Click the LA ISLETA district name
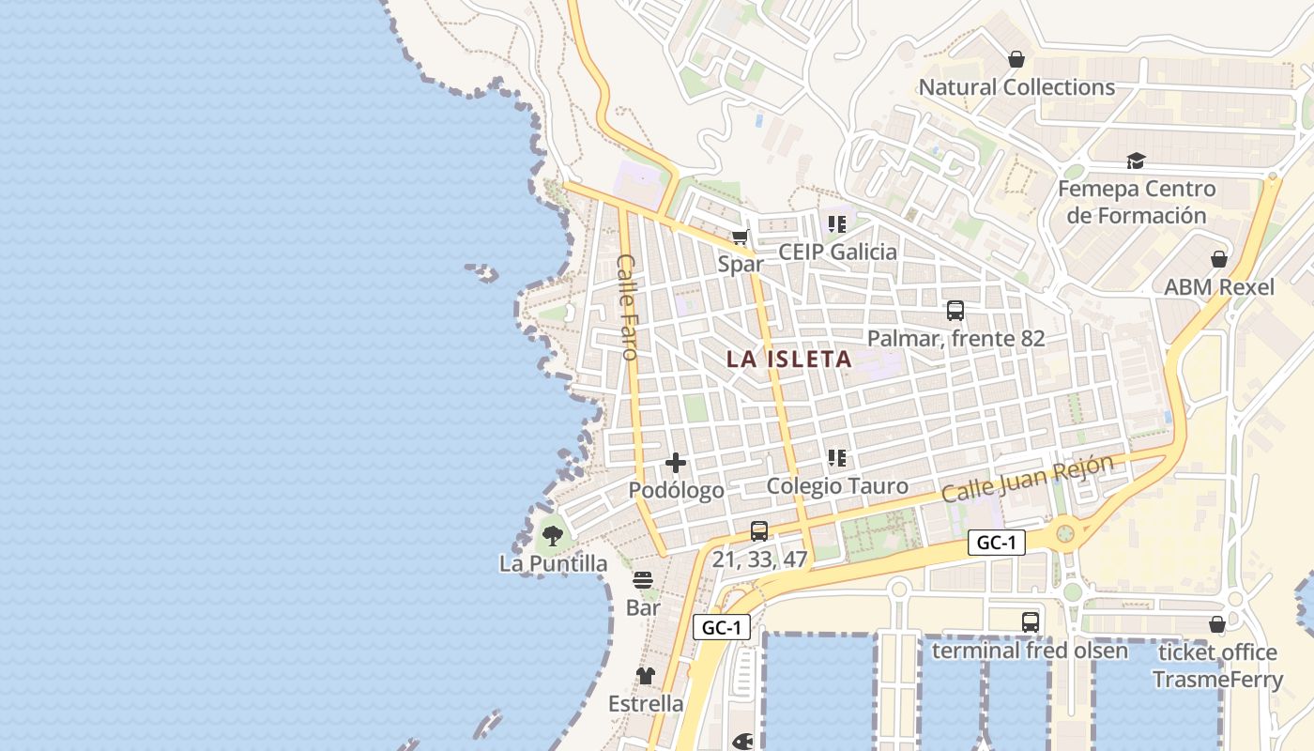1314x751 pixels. pos(788,359)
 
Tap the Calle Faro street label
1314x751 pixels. pos(627,307)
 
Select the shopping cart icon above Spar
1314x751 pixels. pos(740,236)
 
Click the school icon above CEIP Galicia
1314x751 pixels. pos(837,223)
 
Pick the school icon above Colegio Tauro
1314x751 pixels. pos(837,458)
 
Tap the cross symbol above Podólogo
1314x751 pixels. pos(676,463)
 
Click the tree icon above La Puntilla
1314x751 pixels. pos(552,536)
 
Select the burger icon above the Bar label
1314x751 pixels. pos(643,580)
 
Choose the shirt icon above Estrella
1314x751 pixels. pos(646,675)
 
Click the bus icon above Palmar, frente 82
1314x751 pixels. pos(955,310)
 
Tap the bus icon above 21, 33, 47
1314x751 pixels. pos(759,531)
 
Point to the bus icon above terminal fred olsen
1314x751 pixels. pos(1031,621)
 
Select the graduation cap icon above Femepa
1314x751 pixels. pos(1136,161)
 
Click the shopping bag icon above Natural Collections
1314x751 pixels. pos(1016,60)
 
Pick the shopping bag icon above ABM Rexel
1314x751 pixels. pos(1219,259)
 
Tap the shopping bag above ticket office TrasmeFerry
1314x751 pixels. pos(1217,624)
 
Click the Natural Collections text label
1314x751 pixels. pos(1016,87)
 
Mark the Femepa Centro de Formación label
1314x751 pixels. pos(1137,202)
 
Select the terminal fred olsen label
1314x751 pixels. pos(1030,650)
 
